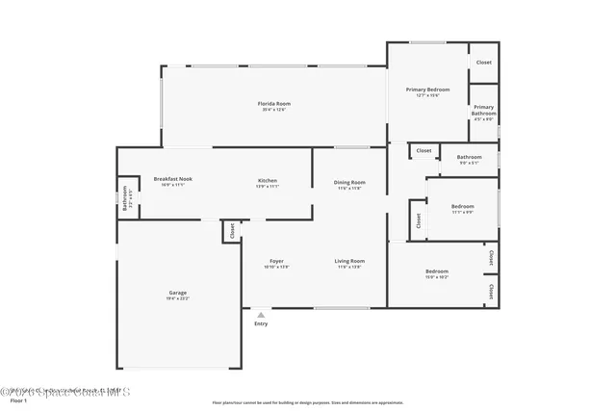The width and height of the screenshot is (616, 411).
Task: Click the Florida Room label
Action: pyautogui.click(x=273, y=103)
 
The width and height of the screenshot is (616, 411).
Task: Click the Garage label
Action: pyautogui.click(x=178, y=293)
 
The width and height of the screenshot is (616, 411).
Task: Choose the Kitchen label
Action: pyautogui.click(x=267, y=180)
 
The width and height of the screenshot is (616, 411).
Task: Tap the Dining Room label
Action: pyautogui.click(x=349, y=182)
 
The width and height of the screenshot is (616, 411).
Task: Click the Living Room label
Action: pyautogui.click(x=348, y=261)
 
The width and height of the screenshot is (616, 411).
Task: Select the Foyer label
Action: pyautogui.click(x=276, y=261)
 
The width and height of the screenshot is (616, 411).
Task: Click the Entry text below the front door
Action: pyautogui.click(x=261, y=323)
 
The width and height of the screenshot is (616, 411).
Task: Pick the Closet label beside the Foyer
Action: pyautogui.click(x=231, y=231)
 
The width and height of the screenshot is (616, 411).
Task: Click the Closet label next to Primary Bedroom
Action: pyautogui.click(x=483, y=63)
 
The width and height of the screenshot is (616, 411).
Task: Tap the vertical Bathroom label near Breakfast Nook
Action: pyautogui.click(x=124, y=199)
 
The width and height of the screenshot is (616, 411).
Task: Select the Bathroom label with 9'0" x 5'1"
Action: pyautogui.click(x=469, y=157)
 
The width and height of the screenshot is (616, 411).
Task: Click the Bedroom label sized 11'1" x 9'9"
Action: pyautogui.click(x=463, y=206)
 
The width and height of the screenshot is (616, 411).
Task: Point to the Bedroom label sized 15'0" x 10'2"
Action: pyautogui.click(x=437, y=271)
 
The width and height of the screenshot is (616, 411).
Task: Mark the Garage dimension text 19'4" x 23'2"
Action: pyautogui.click(x=178, y=299)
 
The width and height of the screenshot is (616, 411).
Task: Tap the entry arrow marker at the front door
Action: pyautogui.click(x=260, y=313)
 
